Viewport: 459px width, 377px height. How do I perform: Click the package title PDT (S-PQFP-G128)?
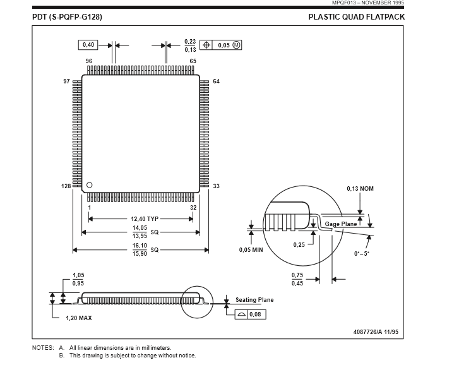[67, 17]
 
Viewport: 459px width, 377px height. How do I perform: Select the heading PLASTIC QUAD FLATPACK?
[356, 17]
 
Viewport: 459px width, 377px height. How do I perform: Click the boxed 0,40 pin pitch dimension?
[88, 45]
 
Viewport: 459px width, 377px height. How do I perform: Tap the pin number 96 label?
[89, 61]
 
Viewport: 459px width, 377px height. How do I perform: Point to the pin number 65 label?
[193, 61]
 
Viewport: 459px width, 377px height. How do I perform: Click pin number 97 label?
[67, 81]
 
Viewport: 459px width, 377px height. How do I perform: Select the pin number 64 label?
[216, 81]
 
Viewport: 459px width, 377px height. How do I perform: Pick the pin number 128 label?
[66, 186]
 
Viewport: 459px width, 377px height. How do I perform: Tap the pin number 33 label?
[216, 186]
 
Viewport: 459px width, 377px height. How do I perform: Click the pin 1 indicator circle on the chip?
[89, 184]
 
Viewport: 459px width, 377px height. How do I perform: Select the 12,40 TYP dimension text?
[145, 219]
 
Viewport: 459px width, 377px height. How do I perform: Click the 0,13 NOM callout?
[360, 189]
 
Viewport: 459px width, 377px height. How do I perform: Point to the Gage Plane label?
[341, 224]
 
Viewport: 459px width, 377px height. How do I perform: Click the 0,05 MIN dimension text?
[251, 250]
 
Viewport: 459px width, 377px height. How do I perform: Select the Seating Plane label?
[254, 300]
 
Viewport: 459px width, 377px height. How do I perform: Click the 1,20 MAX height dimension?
[79, 318]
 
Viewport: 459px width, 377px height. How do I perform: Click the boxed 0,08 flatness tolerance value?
[254, 314]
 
